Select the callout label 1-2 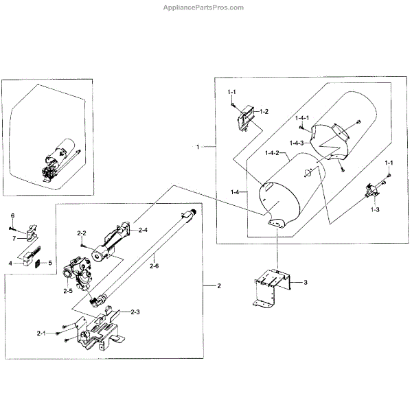pos(263,111)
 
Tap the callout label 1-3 pos(375,209)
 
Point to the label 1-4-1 pos(303,118)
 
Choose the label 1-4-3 pos(297,142)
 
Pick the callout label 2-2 pos(81,234)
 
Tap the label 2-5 pos(67,292)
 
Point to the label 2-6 pos(155,266)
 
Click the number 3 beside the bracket pos(306,282)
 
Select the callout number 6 pos(12,216)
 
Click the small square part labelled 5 pos(39,262)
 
